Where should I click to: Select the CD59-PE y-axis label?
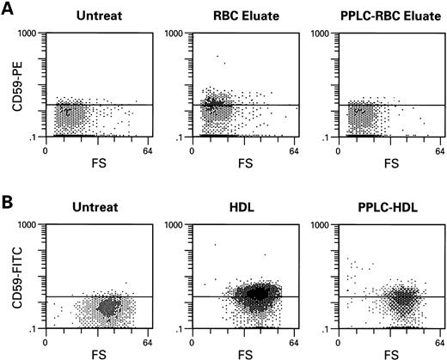15,84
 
